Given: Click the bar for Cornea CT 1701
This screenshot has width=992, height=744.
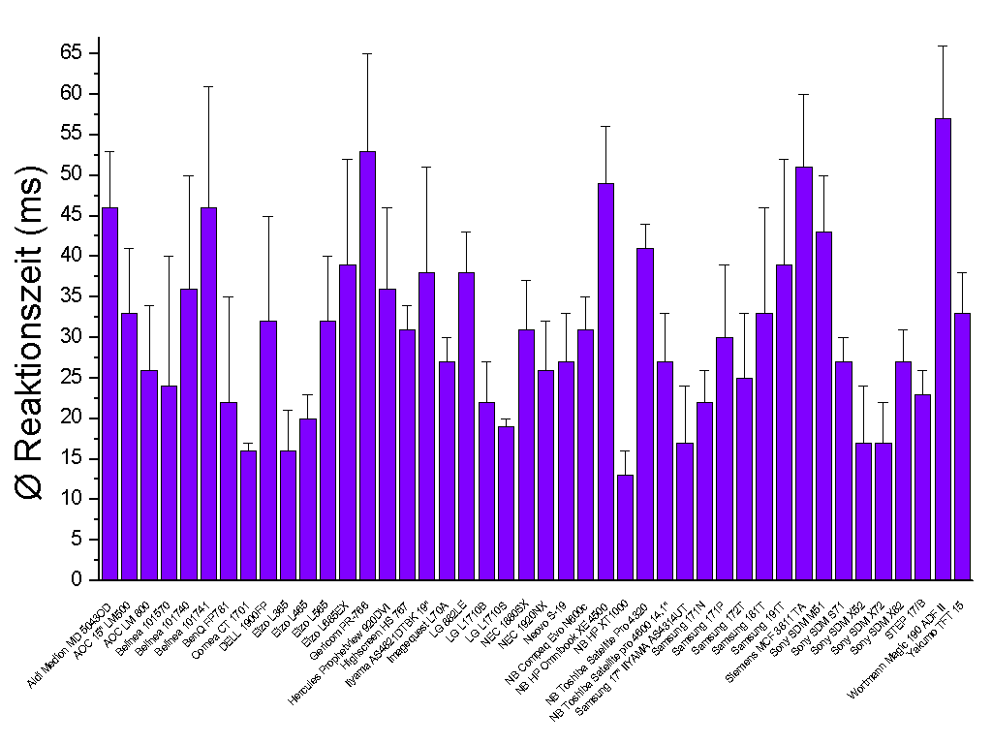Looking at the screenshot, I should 248,514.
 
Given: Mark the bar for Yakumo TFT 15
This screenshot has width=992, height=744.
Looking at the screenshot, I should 962,446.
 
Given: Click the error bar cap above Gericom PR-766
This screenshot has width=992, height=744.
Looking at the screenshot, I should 367,53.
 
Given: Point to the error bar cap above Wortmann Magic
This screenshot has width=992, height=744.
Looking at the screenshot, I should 943,46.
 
